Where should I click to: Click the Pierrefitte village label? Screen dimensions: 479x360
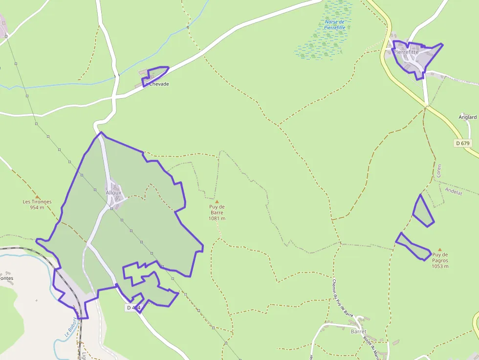406,52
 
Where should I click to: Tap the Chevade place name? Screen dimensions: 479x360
159,84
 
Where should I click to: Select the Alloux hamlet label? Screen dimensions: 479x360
113,192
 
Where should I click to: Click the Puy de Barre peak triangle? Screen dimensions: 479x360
217,201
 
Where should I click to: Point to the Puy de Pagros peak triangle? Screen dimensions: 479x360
440,249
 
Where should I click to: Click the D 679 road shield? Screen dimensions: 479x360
462,143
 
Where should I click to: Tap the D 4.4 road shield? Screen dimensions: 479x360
133,308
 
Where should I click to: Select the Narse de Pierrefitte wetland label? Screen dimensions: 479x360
335,25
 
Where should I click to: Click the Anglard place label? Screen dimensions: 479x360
467,117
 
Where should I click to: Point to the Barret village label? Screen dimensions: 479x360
358,332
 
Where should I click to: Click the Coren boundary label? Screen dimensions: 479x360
439,170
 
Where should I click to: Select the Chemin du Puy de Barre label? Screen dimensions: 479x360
342,298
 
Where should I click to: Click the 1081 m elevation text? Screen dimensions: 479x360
217,218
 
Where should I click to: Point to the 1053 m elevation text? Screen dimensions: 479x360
440,266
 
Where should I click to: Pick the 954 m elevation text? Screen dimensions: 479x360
37,208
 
